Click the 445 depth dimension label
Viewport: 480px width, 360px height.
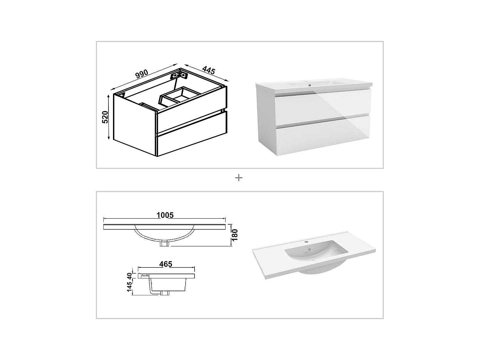pyautogui.click(x=208, y=70)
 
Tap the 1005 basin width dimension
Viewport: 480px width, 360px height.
pyautogui.click(x=165, y=215)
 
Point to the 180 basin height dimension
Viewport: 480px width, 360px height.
pyautogui.click(x=235, y=235)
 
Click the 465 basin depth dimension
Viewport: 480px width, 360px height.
pyautogui.click(x=166, y=264)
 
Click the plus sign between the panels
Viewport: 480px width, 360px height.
pyautogui.click(x=239, y=178)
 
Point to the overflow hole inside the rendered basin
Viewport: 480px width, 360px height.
pyautogui.click(x=309, y=249)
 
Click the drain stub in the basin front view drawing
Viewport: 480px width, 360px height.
pyautogui.click(x=165, y=244)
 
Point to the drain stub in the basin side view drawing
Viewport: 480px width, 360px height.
pyautogui.click(x=165, y=293)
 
